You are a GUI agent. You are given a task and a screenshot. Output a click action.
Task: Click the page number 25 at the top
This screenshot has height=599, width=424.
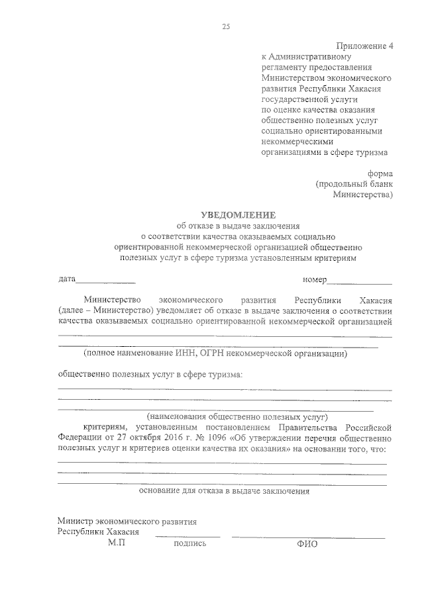[x=226, y=26]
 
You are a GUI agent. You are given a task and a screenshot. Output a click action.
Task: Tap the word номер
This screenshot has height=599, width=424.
[x=314, y=279]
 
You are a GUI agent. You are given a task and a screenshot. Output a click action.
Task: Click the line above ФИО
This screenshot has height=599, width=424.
[x=308, y=537]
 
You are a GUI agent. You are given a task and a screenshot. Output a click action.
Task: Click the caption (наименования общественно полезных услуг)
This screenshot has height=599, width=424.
[x=238, y=418]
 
